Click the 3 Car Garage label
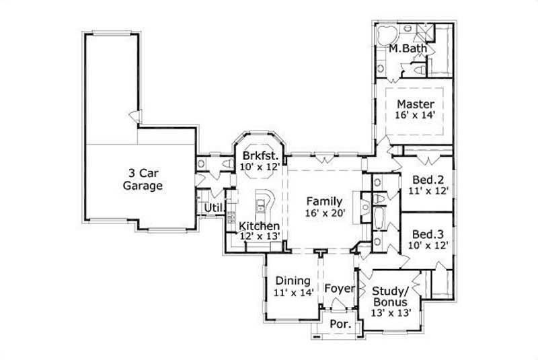pyautogui.click(x=143, y=179)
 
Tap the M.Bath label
pyautogui.click(x=406, y=49)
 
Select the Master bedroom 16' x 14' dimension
pyautogui.click(x=415, y=116)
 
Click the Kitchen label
pyautogui.click(x=260, y=225)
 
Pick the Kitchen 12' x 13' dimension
pyautogui.click(x=260, y=236)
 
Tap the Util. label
pyautogui.click(x=215, y=207)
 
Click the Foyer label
pyautogui.click(x=340, y=289)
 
